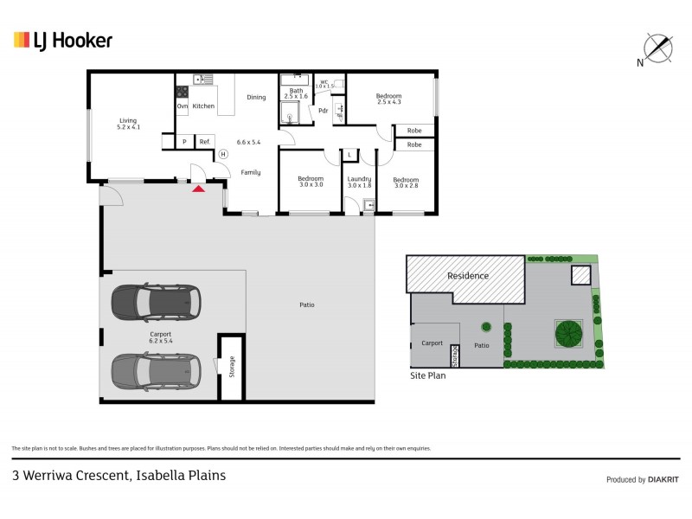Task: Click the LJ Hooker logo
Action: click(62, 40)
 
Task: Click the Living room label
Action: click(128, 124)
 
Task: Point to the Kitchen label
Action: click(203, 106)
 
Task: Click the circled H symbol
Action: click(222, 154)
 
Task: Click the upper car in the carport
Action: click(153, 301)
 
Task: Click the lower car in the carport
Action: click(153, 370)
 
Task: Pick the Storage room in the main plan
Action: click(231, 367)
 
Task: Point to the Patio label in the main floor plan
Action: click(307, 304)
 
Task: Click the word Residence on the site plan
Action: click(467, 276)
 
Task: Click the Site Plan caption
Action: click(428, 376)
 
